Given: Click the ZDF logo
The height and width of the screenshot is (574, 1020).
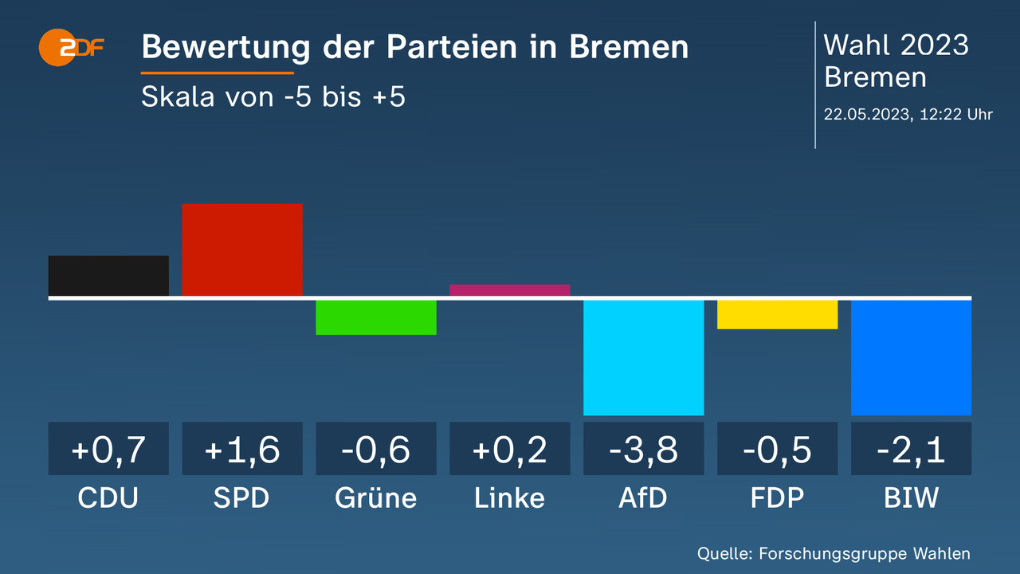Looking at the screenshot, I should pos(72,48).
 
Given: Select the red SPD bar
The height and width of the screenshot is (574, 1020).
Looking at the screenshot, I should pos(242,250).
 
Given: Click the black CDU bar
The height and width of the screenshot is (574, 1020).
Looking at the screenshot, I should pos(108,276).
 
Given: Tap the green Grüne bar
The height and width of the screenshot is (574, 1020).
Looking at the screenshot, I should pos(376,316).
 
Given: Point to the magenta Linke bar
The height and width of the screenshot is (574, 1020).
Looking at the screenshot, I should pos(510,290).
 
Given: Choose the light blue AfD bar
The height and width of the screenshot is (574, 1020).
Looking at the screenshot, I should pos(644,357).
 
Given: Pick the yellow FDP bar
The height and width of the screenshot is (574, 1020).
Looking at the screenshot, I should pos(778,314).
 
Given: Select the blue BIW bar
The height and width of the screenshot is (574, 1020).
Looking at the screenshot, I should pos(911,357).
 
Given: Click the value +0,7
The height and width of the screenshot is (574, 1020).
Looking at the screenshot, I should pos(108,450).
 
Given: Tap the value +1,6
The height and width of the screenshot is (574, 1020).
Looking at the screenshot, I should pos(242,450).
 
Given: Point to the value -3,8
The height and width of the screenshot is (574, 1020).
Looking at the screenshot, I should pos(644,450).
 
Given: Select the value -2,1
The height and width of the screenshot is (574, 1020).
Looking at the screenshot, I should pos(911,450).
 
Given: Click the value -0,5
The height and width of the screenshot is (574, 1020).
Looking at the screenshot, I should pos(778,450).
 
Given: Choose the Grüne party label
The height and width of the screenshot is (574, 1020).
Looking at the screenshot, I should pos(376,498).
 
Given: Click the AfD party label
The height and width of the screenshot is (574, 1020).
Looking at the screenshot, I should pos(644,498).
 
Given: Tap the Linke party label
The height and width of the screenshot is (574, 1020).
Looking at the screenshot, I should pos(510,498).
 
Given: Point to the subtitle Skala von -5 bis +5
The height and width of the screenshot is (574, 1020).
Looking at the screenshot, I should pos(273,97).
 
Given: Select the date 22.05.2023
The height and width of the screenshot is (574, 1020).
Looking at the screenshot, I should pos(869,114).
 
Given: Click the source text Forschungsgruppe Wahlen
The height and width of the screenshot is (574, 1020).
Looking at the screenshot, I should pos(865,553).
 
